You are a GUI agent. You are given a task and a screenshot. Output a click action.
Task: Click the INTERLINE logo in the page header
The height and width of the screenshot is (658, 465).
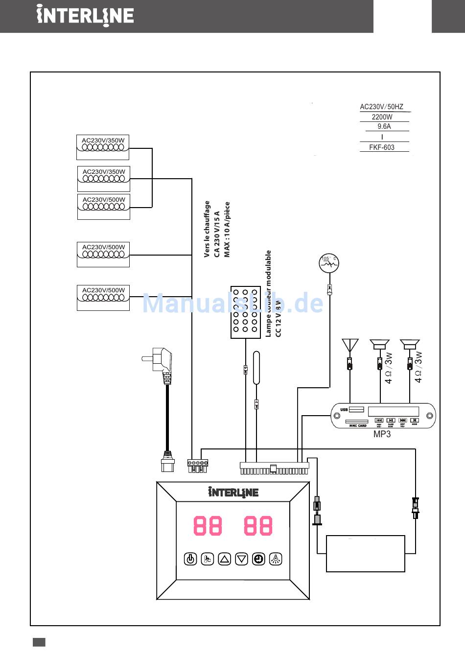85,16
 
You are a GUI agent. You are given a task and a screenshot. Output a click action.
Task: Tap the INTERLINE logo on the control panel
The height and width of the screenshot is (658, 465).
233,492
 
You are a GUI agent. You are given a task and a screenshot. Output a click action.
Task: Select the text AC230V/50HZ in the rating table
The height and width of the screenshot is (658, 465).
381,107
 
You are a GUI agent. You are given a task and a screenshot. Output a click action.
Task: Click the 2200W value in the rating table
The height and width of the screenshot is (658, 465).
382,117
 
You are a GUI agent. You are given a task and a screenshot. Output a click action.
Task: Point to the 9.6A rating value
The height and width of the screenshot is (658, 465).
384,126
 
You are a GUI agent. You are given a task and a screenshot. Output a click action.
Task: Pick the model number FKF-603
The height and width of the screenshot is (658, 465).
382,147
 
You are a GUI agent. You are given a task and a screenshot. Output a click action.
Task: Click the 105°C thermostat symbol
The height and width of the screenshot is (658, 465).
329,264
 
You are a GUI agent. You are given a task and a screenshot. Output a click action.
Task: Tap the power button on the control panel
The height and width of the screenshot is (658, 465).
190,559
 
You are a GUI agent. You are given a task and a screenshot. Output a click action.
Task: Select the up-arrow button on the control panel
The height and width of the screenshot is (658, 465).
224,559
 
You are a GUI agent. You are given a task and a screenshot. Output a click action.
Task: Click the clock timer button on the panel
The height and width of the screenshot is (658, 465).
258,559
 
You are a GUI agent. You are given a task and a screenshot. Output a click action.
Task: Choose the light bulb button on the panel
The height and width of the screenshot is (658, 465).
276,559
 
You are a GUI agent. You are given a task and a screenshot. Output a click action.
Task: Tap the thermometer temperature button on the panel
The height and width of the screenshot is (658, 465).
208,559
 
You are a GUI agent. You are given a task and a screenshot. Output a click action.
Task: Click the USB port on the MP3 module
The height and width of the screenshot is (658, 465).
357,409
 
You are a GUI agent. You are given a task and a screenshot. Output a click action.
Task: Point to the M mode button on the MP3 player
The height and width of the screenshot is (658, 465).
414,420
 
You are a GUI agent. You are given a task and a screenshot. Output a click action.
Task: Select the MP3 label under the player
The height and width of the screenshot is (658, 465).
382,434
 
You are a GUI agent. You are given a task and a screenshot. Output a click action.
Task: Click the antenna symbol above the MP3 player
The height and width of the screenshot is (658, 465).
349,345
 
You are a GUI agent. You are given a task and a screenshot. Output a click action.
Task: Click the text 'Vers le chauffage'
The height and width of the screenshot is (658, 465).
207,229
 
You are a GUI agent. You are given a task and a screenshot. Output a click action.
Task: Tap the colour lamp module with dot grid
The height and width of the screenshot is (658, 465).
245,312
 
